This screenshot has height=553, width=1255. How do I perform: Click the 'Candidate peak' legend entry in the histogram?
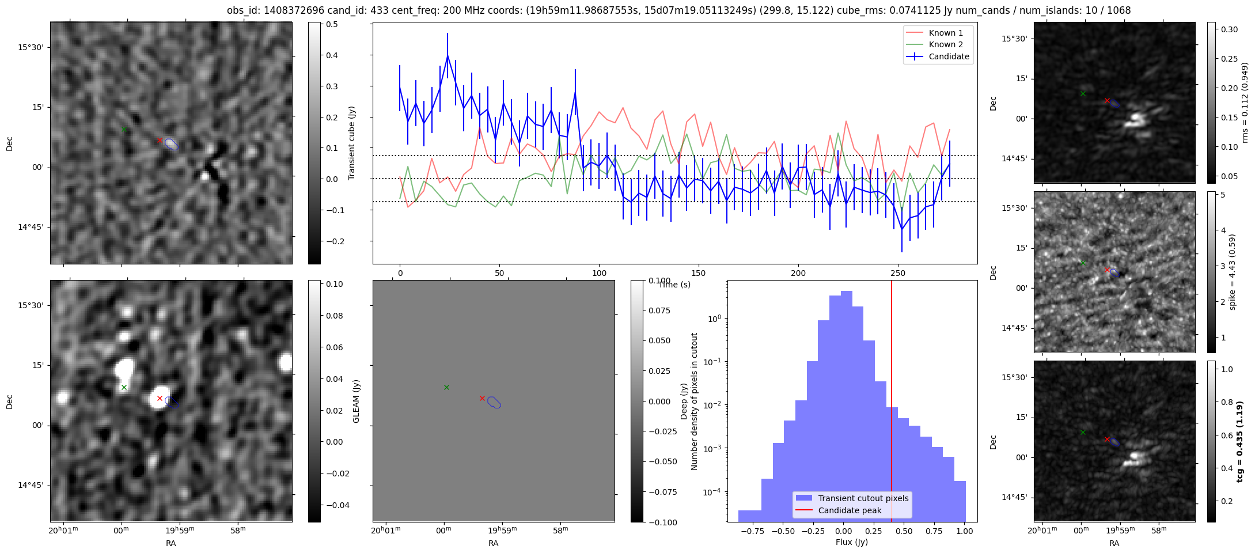[850, 510]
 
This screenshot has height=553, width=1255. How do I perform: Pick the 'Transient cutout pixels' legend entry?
[863, 498]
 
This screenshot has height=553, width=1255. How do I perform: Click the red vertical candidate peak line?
[892, 403]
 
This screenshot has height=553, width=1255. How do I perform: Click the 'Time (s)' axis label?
[674, 285]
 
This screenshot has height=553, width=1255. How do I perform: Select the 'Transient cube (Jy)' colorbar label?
[352, 143]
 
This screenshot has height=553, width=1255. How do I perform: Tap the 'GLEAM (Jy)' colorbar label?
[356, 402]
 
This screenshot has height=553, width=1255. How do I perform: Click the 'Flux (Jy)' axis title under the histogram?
[851, 542]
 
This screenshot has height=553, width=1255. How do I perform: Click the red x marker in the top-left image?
[160, 141]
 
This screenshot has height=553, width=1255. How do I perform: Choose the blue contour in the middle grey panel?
[494, 403]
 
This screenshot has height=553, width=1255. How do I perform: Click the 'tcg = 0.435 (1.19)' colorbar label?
[1240, 441]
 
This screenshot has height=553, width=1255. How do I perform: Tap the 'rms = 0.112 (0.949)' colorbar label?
[1244, 103]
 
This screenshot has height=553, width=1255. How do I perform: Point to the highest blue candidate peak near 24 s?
[448, 56]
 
